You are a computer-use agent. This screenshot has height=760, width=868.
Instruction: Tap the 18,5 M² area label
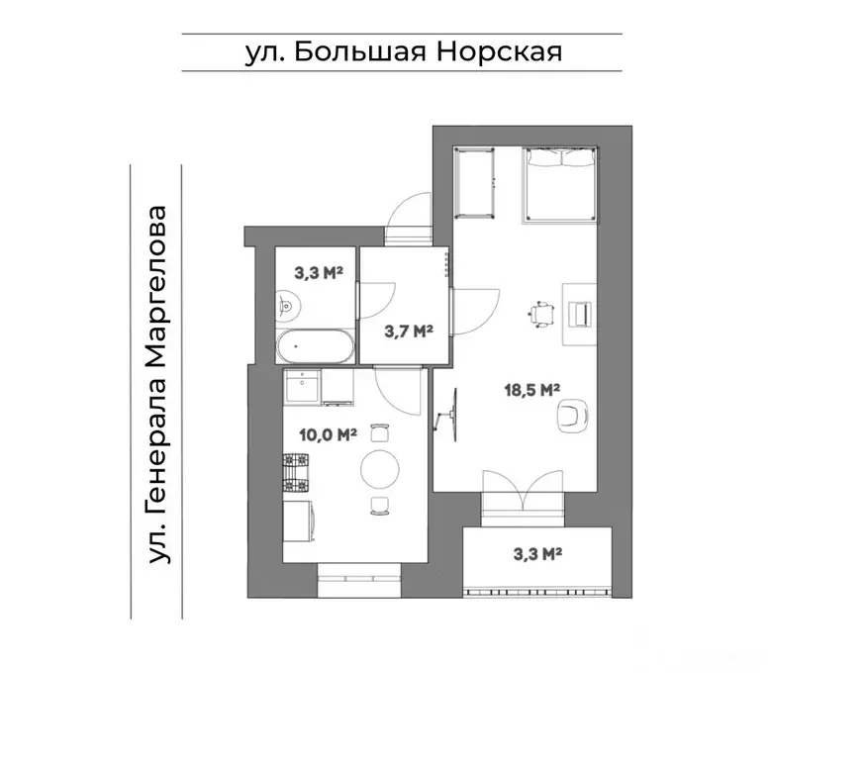click(533, 390)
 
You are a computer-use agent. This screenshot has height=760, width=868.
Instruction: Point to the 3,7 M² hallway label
click(410, 331)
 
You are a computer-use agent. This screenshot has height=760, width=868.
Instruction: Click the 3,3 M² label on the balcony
click(537, 554)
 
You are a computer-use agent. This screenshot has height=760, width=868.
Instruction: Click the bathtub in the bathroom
click(313, 346)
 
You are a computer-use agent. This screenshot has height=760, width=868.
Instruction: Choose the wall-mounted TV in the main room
click(453, 416)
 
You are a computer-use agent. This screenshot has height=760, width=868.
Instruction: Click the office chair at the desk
click(540, 313)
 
